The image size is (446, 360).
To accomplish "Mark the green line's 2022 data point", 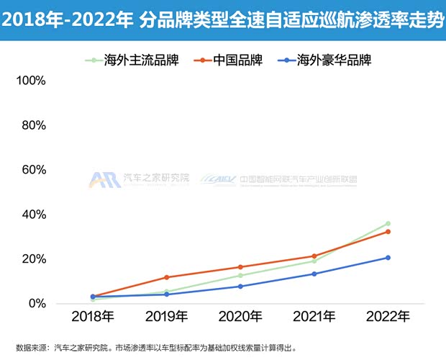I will (388, 224).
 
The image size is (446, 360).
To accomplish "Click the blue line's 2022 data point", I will (388, 258).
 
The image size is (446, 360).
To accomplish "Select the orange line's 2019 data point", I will (166, 277).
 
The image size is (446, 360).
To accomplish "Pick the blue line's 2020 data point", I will (240, 287).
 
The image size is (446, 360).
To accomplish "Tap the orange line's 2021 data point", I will (314, 256).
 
